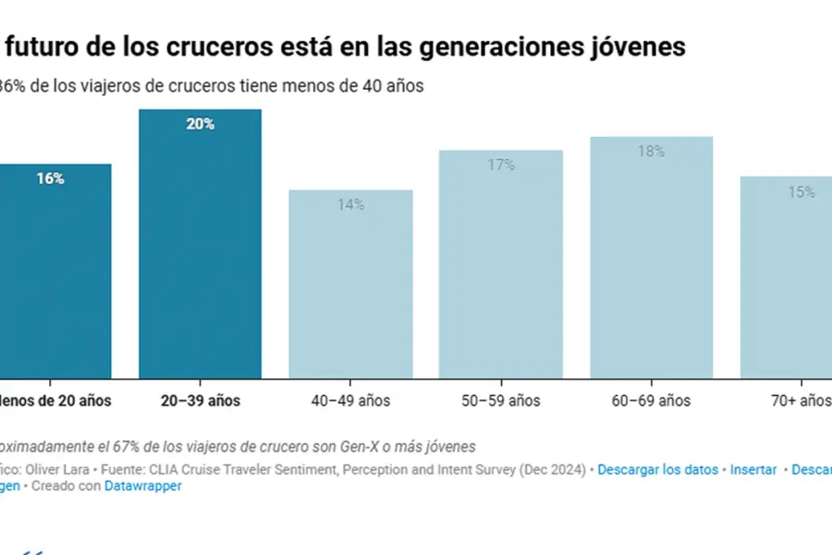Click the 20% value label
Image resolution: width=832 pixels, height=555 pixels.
tap(200, 124)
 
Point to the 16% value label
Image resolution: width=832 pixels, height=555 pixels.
tap(50, 179)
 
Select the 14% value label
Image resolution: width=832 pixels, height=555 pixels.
tap(350, 204)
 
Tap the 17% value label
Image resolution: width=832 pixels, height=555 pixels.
tap(500, 165)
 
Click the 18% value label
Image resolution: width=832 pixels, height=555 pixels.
tap(651, 151)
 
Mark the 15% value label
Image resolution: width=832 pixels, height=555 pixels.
tap(801, 191)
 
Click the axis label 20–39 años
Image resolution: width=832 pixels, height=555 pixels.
tap(200, 401)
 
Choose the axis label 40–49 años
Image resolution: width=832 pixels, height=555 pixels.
tap(350, 401)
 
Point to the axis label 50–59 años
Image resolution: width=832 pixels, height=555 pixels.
tap(500, 401)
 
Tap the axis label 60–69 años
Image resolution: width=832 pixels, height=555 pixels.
tap(651, 401)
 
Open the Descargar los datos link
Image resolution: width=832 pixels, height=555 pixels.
tap(657, 469)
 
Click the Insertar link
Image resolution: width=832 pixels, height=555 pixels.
tap(753, 469)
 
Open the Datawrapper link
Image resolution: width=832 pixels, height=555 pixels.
tap(142, 486)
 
